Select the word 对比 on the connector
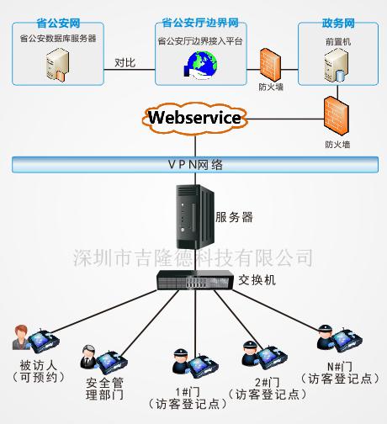pyautogui.click(x=126, y=61)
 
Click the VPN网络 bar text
pyautogui.click(x=193, y=164)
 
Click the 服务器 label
pyautogui.click(x=235, y=216)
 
